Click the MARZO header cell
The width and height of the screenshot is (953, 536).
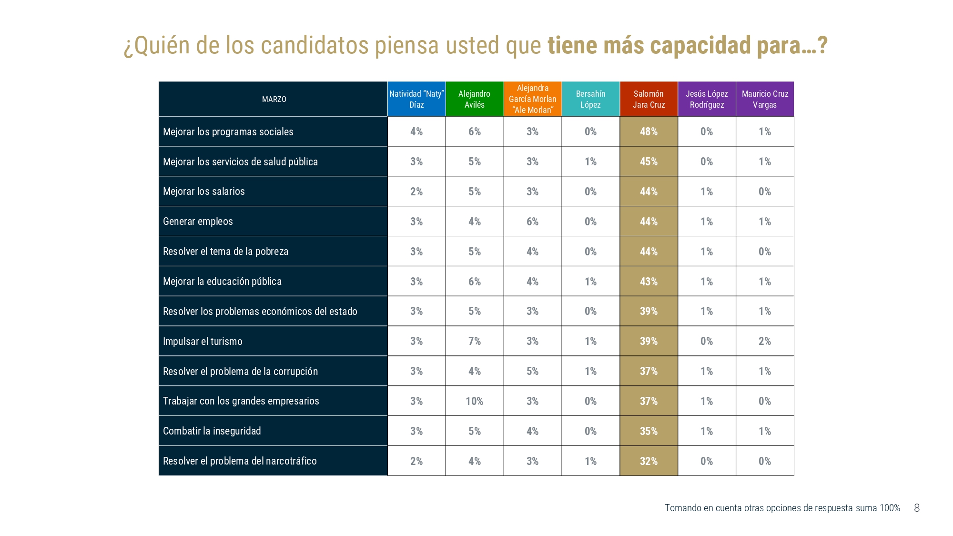coord(274,99)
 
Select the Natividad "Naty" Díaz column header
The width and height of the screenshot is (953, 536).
coord(416,99)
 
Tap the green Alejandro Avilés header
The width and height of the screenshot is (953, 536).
coord(475,99)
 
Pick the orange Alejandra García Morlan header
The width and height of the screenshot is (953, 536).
coord(533,99)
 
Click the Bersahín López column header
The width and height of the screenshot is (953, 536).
coord(590,99)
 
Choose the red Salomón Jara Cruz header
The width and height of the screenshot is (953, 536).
coord(649,99)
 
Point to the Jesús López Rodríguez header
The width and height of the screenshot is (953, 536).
coord(707,99)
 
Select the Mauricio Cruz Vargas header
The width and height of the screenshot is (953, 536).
coord(765,99)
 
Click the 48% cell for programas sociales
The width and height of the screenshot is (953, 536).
coord(649,131)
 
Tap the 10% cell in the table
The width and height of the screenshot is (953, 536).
coord(475,401)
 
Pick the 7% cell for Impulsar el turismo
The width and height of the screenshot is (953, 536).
coord(475,341)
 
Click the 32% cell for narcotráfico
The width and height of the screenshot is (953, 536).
coord(649,461)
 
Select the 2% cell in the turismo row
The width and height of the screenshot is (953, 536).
coord(765,341)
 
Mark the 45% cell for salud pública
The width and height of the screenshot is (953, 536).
coord(649,162)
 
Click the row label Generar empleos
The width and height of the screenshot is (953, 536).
coord(198,222)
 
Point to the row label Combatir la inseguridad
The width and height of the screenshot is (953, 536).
coord(212,431)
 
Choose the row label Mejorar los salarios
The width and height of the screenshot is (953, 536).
coord(204,192)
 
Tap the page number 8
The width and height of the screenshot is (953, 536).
coord(917,508)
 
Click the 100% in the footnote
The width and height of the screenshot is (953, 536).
coord(890,508)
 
